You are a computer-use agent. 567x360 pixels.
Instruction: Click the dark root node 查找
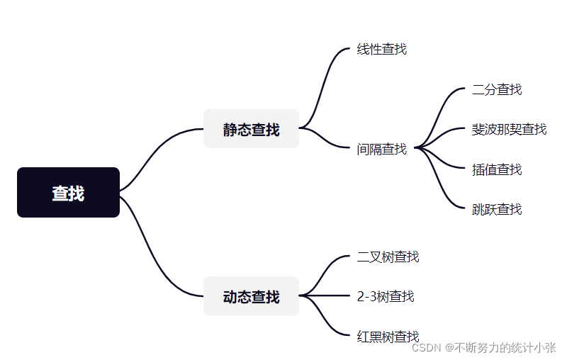coord(68,192)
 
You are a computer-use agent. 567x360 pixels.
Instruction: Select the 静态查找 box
coord(251,129)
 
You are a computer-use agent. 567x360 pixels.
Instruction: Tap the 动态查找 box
coord(251,296)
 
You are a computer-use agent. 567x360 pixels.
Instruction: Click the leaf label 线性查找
coord(381,50)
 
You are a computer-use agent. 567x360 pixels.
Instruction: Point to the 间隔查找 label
coord(381,149)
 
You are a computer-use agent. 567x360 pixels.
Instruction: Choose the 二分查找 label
coord(496,89)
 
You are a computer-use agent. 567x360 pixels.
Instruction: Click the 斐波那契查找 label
coord(509,129)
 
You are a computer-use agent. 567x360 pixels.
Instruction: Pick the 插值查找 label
coord(496,169)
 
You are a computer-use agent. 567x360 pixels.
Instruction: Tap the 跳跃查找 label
coord(496,209)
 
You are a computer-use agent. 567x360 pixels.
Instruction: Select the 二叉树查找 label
coord(388,257)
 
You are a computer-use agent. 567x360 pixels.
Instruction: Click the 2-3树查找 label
coord(386,296)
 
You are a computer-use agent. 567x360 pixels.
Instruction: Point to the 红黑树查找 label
coord(388,336)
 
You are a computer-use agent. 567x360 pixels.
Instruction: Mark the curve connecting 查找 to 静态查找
coord(162,152)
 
